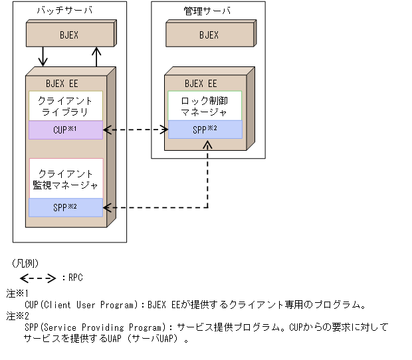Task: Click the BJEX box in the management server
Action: click(209, 35)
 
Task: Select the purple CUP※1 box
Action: click(66, 130)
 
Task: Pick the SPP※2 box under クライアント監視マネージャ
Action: click(66, 208)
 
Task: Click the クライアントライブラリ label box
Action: click(66, 106)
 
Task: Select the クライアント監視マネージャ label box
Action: click(66, 179)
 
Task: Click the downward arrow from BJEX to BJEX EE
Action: click(43, 56)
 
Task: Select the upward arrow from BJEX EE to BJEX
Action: click(96, 56)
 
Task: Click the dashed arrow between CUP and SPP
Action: click(136, 130)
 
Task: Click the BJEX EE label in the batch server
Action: click(62, 84)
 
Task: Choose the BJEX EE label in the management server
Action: click(201, 84)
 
